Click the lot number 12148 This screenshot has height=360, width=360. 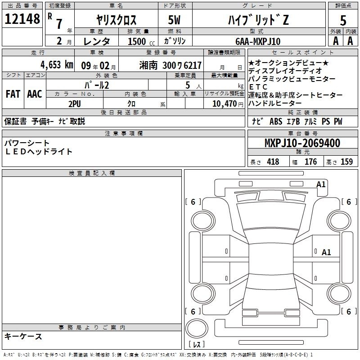pyautogui.click(x=22, y=19)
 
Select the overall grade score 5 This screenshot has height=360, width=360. pyautogui.click(x=343, y=20)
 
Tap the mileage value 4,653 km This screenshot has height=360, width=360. pyautogui.click(x=57, y=65)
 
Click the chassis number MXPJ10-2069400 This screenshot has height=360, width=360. pyautogui.click(x=302, y=143)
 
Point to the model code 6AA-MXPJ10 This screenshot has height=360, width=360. pyautogui.click(x=258, y=41)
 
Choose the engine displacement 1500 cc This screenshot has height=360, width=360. pyautogui.click(x=141, y=41)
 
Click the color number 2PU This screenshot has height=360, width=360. pyautogui.click(x=75, y=104)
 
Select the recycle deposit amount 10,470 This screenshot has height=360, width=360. pyautogui.click(x=225, y=104)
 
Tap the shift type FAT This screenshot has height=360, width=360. pyautogui.click(x=13, y=94)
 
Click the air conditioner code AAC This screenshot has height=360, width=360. pyautogui.click(x=35, y=94)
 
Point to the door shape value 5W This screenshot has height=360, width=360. pyautogui.click(x=174, y=20)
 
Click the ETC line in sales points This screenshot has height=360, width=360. pyautogui.click(x=258, y=87)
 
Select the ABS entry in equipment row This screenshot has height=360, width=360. pyautogui.click(x=276, y=121)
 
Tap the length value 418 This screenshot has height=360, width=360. pyautogui.click(x=273, y=162)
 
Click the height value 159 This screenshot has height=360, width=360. pyautogui.click(x=346, y=162)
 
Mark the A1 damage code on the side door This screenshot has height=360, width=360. pyautogui.click(x=326, y=252)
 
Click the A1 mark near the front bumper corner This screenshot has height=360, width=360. pyautogui.click(x=321, y=184)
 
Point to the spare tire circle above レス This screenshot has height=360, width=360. pyautogui.click(x=197, y=328)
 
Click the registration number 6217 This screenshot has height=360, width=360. pyautogui.click(x=193, y=65)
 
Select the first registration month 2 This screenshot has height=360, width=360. pyautogui.click(x=59, y=41)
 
